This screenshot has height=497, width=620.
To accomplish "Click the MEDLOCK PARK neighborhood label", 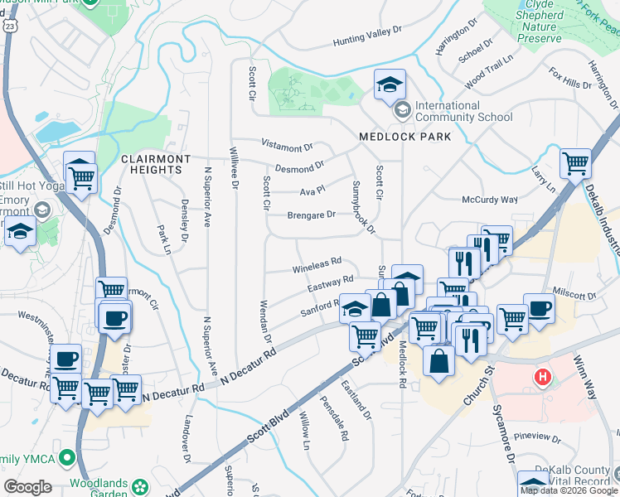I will [404, 136].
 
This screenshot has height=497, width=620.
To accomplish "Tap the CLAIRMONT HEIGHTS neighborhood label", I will [151, 163].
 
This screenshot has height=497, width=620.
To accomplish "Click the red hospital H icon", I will [543, 378].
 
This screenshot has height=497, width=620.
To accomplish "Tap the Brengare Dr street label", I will [311, 215].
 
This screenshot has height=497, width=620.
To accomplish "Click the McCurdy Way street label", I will [489, 200].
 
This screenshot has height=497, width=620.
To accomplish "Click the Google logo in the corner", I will [27, 487].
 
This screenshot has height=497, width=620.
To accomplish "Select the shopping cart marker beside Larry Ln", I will [575, 163].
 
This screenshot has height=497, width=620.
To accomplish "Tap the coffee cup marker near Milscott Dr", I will [539, 308].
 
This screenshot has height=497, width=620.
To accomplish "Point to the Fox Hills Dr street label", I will [569, 80].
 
